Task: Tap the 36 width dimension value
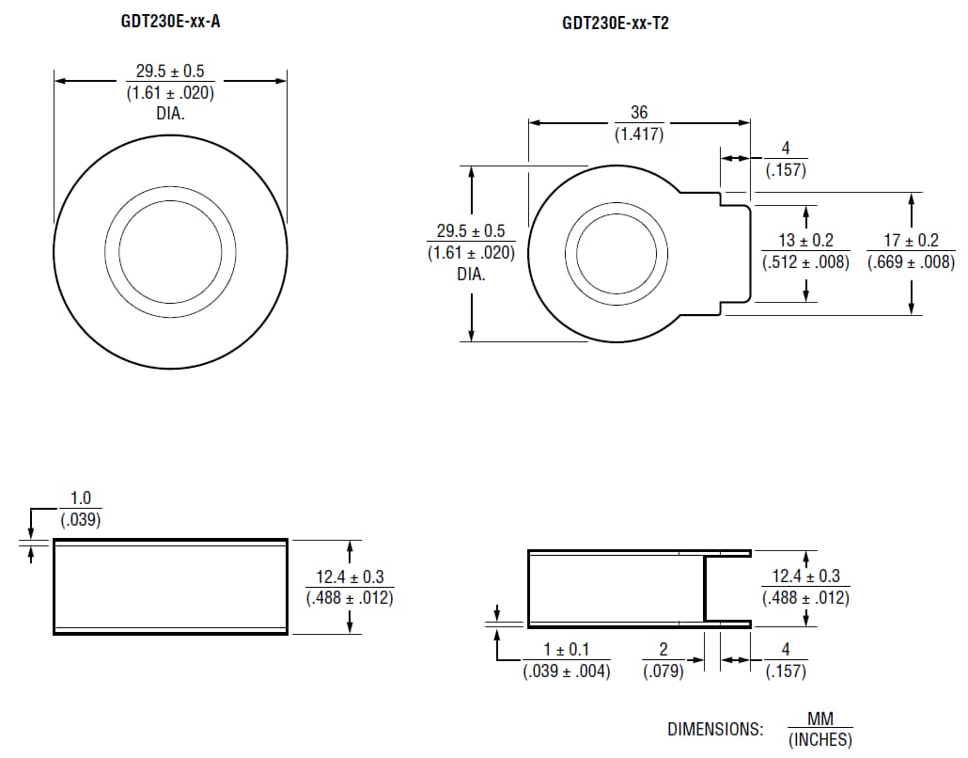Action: (639, 112)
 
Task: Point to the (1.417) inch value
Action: (639, 134)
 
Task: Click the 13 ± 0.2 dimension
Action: (805, 241)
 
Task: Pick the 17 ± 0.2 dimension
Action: (911, 241)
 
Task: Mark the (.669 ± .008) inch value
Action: (911, 262)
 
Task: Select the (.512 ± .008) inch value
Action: (805, 262)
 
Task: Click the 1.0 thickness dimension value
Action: (81, 498)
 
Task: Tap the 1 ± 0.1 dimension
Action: (567, 650)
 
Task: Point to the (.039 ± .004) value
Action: (567, 671)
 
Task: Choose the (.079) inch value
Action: (663, 671)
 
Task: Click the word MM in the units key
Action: (820, 719)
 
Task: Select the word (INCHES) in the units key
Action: (820, 740)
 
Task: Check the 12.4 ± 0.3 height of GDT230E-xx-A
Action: (349, 576)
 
